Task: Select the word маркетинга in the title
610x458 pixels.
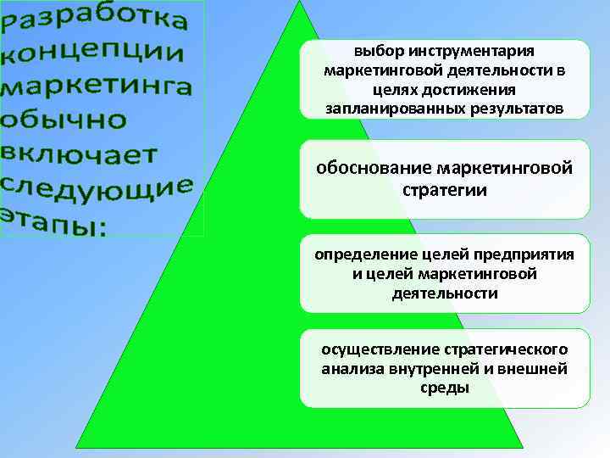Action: (x=98, y=87)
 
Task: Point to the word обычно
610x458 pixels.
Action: (x=64, y=119)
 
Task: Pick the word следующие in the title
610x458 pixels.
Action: (x=97, y=187)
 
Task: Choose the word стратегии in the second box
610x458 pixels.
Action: (x=445, y=189)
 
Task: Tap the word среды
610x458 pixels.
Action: (x=444, y=388)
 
